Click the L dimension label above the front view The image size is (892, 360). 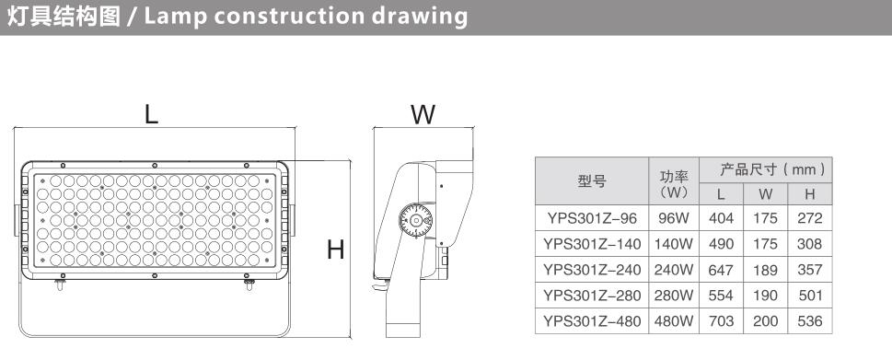[x=151, y=114]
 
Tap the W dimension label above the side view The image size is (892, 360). [x=423, y=114]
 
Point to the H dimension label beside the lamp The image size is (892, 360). [x=336, y=250]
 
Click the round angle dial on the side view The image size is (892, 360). [x=415, y=220]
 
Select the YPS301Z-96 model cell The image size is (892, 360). [x=592, y=218]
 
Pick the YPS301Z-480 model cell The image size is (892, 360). [x=592, y=321]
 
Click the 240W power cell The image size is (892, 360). [x=674, y=270]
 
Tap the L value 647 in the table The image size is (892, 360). [x=721, y=270]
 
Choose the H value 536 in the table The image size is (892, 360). [x=809, y=321]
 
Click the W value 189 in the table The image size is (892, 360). [x=765, y=270]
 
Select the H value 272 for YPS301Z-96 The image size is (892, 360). [x=809, y=218]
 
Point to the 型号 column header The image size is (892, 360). [x=592, y=180]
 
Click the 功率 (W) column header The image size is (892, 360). [x=674, y=180]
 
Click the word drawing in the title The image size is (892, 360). [x=420, y=17]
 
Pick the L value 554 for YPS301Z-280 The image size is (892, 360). [x=721, y=296]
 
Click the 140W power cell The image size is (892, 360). [x=674, y=244]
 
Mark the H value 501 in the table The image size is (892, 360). [x=809, y=296]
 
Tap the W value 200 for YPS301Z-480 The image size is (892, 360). [x=765, y=321]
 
